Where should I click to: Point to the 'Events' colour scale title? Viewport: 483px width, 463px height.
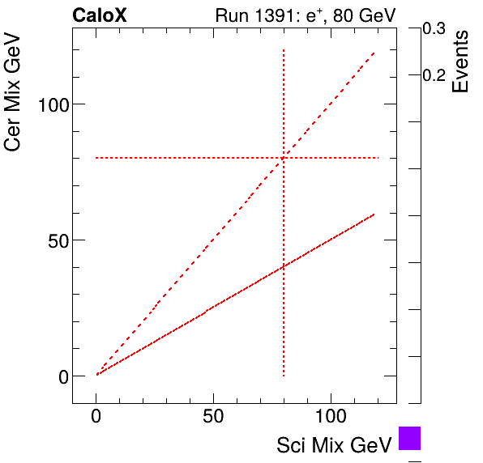(x=460, y=62)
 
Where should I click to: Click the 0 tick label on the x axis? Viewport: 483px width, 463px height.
(x=96, y=419)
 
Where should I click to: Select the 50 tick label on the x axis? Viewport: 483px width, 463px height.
(x=213, y=419)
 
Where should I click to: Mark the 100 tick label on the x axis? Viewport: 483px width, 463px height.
(x=331, y=419)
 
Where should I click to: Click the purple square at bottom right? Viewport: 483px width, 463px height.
(x=410, y=438)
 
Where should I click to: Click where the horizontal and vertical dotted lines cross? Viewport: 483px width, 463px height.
(x=284, y=158)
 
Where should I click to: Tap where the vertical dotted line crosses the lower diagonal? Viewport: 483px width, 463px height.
(x=284, y=266)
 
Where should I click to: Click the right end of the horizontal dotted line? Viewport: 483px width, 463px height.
(x=378, y=158)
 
